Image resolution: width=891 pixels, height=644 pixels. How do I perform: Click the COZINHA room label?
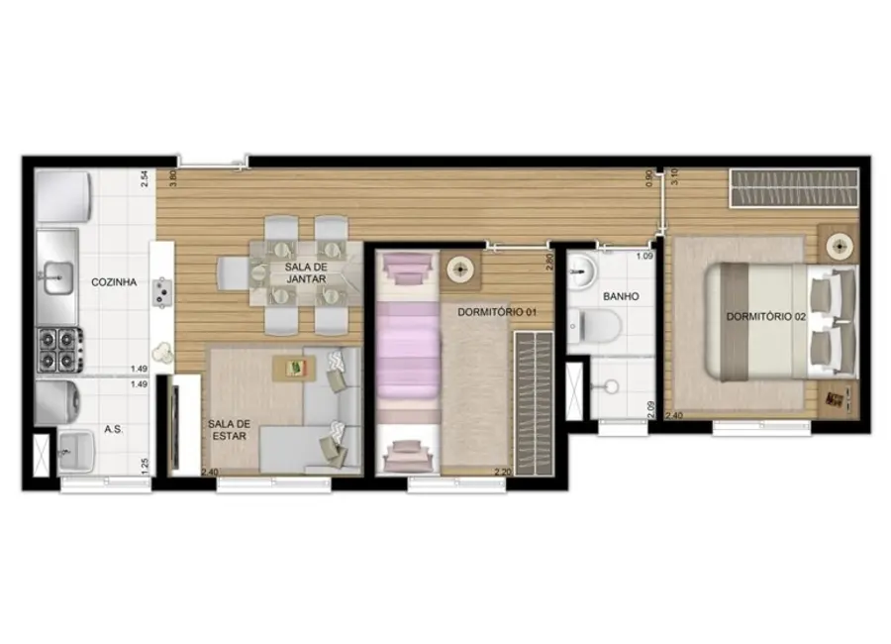[114, 282]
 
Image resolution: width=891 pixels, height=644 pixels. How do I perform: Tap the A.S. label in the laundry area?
[114, 431]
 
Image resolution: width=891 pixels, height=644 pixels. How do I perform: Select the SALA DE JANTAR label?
[306, 273]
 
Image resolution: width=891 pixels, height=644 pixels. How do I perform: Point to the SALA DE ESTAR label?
[229, 431]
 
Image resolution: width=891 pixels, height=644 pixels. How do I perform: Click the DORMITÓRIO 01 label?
[497, 312]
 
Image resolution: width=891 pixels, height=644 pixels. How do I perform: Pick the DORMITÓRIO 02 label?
[765, 317]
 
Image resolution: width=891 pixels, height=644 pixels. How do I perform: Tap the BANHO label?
[620, 296]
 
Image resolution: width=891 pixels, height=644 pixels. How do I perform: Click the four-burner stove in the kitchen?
[56, 347]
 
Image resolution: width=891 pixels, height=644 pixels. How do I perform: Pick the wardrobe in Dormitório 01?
[534, 401]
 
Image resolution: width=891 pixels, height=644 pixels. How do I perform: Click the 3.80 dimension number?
[173, 179]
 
